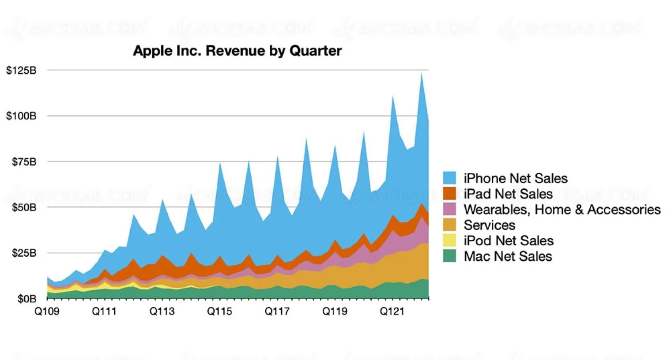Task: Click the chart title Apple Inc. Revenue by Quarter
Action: click(x=237, y=51)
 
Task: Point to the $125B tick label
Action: click(x=21, y=71)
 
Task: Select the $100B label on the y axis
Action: click(x=21, y=116)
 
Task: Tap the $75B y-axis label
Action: click(x=24, y=162)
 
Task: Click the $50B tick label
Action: click(x=24, y=207)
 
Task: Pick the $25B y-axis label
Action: click(x=24, y=253)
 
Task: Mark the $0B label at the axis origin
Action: click(x=26, y=299)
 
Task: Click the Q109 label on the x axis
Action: click(x=47, y=311)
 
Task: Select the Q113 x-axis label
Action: click(x=162, y=311)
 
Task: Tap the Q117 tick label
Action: click(x=277, y=311)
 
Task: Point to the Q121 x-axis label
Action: click(x=392, y=311)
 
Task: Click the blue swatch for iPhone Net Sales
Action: click(x=449, y=178)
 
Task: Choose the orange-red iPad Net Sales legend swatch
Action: click(x=449, y=194)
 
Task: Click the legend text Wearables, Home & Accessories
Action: click(x=562, y=210)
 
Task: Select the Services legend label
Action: click(x=489, y=225)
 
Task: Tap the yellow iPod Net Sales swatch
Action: click(x=449, y=240)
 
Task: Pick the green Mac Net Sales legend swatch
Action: click(x=449, y=256)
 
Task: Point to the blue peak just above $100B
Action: click(x=392, y=97)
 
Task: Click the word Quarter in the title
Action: click(x=315, y=51)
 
